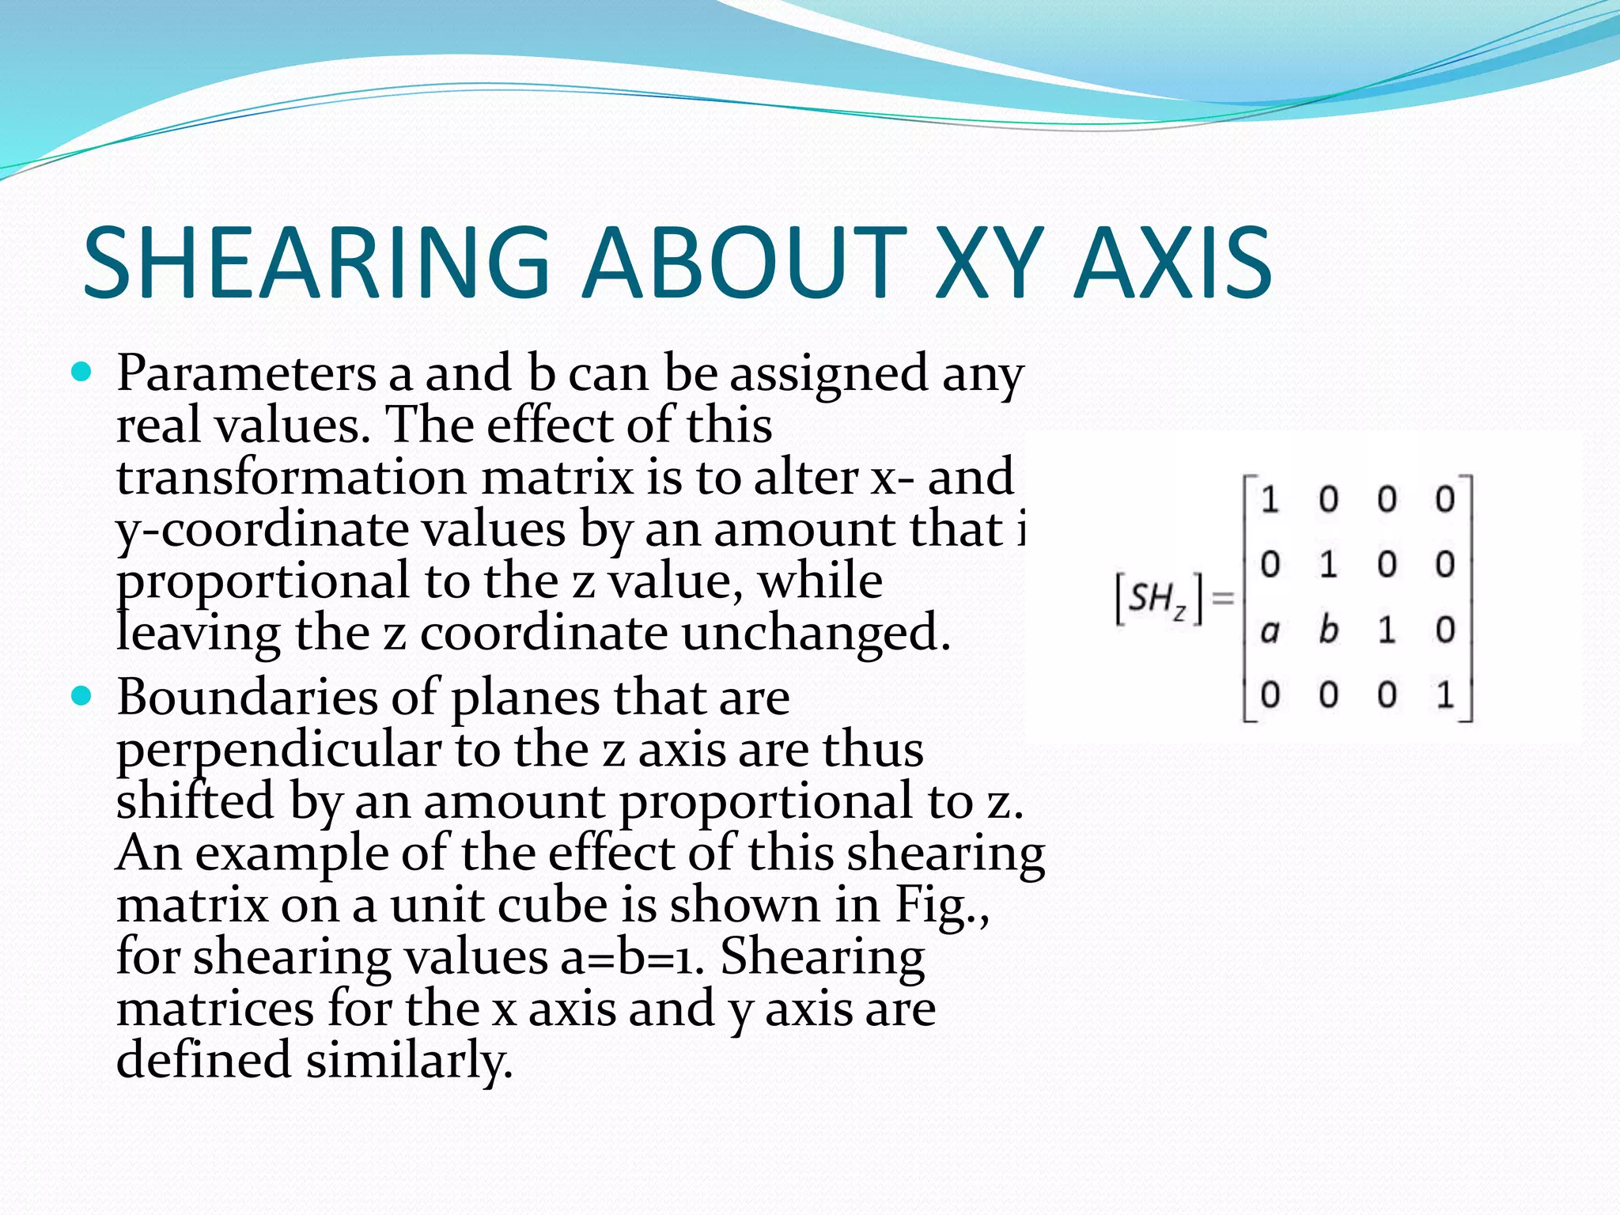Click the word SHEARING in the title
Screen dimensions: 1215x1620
(x=316, y=263)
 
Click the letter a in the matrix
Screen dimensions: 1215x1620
(x=1270, y=631)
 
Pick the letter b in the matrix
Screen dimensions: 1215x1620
(x=1328, y=630)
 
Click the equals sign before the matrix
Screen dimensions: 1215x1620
(x=1223, y=599)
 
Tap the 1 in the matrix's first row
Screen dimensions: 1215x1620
(x=1270, y=500)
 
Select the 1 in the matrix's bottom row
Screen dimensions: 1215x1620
(x=1445, y=695)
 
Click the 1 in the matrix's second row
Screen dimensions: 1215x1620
(x=1328, y=565)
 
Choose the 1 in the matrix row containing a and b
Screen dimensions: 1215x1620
(x=1387, y=630)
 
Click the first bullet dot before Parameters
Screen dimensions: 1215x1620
(x=81, y=371)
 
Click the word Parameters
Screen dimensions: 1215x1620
(x=246, y=373)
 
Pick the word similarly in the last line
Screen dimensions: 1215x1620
(x=410, y=1062)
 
